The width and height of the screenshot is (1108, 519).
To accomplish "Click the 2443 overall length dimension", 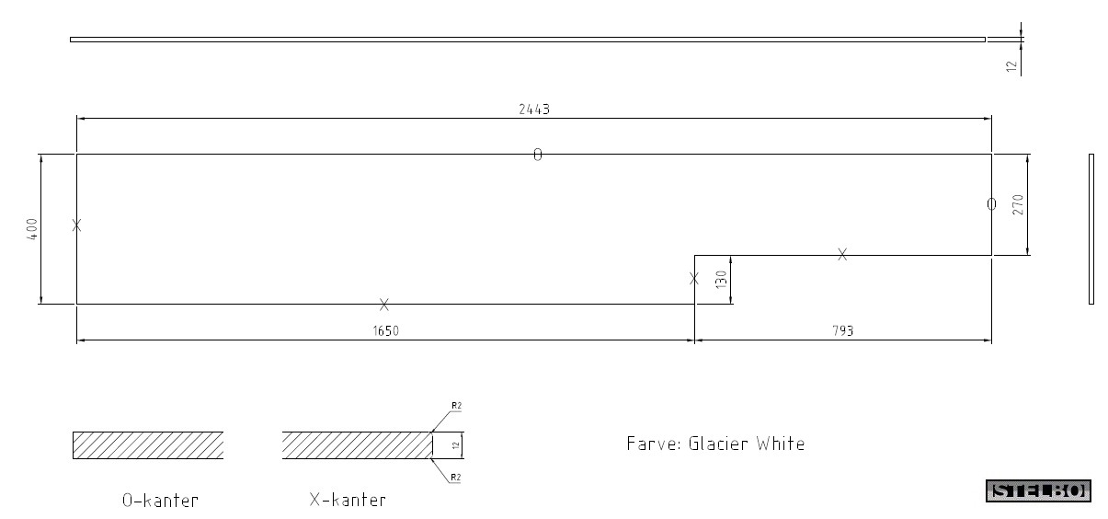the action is (x=534, y=109).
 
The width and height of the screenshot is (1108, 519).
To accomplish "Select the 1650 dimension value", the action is (x=386, y=330).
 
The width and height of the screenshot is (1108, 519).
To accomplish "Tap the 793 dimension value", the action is (x=843, y=330).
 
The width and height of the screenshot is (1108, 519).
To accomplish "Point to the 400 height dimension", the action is (x=31, y=229).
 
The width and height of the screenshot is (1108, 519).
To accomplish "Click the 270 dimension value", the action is (x=1018, y=204).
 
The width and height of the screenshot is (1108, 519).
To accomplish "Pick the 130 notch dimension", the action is (x=721, y=280).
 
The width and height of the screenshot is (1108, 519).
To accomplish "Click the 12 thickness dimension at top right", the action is (x=1011, y=66).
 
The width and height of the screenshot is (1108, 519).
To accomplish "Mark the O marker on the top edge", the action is (x=538, y=155).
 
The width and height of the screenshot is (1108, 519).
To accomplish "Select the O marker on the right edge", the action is (x=991, y=204).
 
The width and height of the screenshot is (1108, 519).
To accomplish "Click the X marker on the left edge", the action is (x=76, y=225).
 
